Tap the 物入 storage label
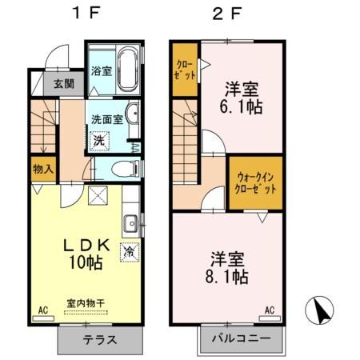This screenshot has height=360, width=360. (43, 169)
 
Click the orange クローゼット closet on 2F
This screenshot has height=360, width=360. (184, 70)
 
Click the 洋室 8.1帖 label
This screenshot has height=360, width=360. (229, 267)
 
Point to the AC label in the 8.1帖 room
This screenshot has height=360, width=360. (270, 310)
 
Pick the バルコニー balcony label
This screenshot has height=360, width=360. (241, 339)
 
